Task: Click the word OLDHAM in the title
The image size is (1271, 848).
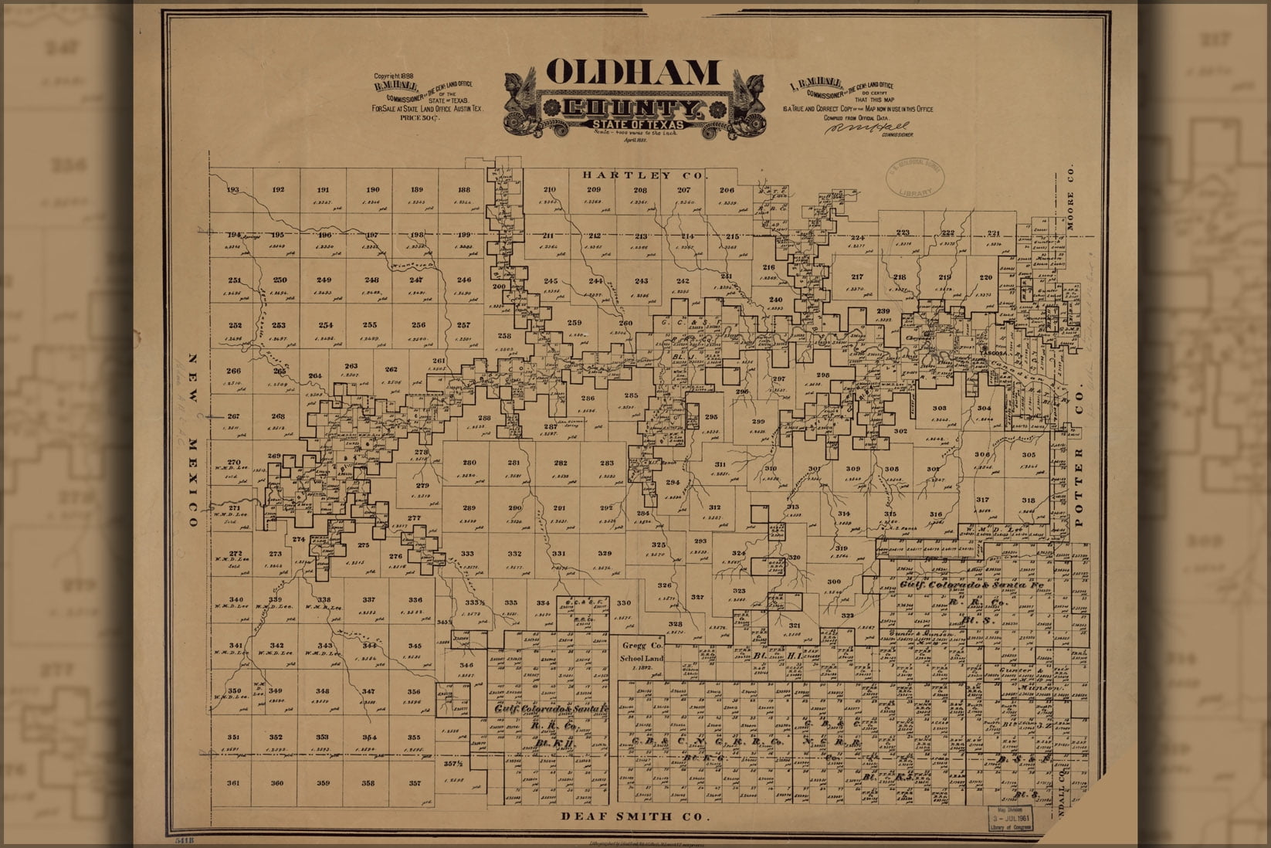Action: (x=632, y=72)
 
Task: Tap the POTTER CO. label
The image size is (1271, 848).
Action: (x=1080, y=487)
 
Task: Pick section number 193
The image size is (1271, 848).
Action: (x=233, y=190)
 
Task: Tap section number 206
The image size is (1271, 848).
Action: (x=727, y=190)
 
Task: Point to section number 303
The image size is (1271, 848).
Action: (x=939, y=408)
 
